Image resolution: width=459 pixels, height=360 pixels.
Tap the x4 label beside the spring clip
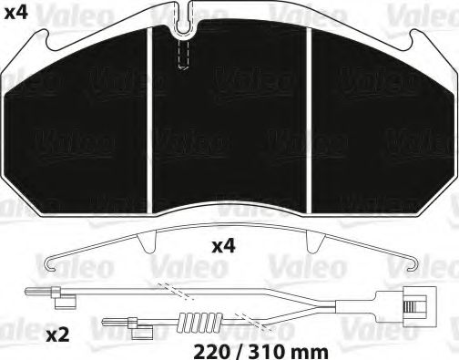click(x=225, y=246)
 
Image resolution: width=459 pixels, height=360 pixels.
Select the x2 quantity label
click(x=57, y=335)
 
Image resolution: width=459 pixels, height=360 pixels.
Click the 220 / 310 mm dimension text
click(x=249, y=348)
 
